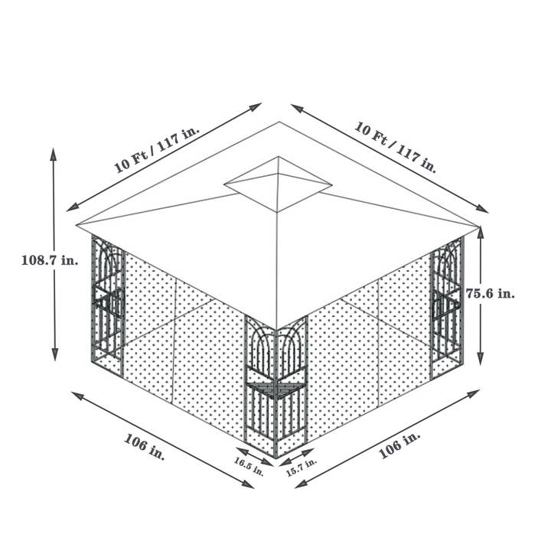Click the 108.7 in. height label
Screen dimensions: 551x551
tap(49, 260)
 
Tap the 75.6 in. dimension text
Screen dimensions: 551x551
tap(491, 293)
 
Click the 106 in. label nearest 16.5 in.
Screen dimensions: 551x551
tap(145, 446)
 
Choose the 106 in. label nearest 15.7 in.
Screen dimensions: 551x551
tap(400, 445)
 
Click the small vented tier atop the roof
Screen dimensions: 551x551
tap(278, 184)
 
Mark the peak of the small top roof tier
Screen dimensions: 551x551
tap(279, 158)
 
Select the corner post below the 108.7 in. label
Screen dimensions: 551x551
tap(107, 306)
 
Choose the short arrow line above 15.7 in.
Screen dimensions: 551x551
tap(295, 457)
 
